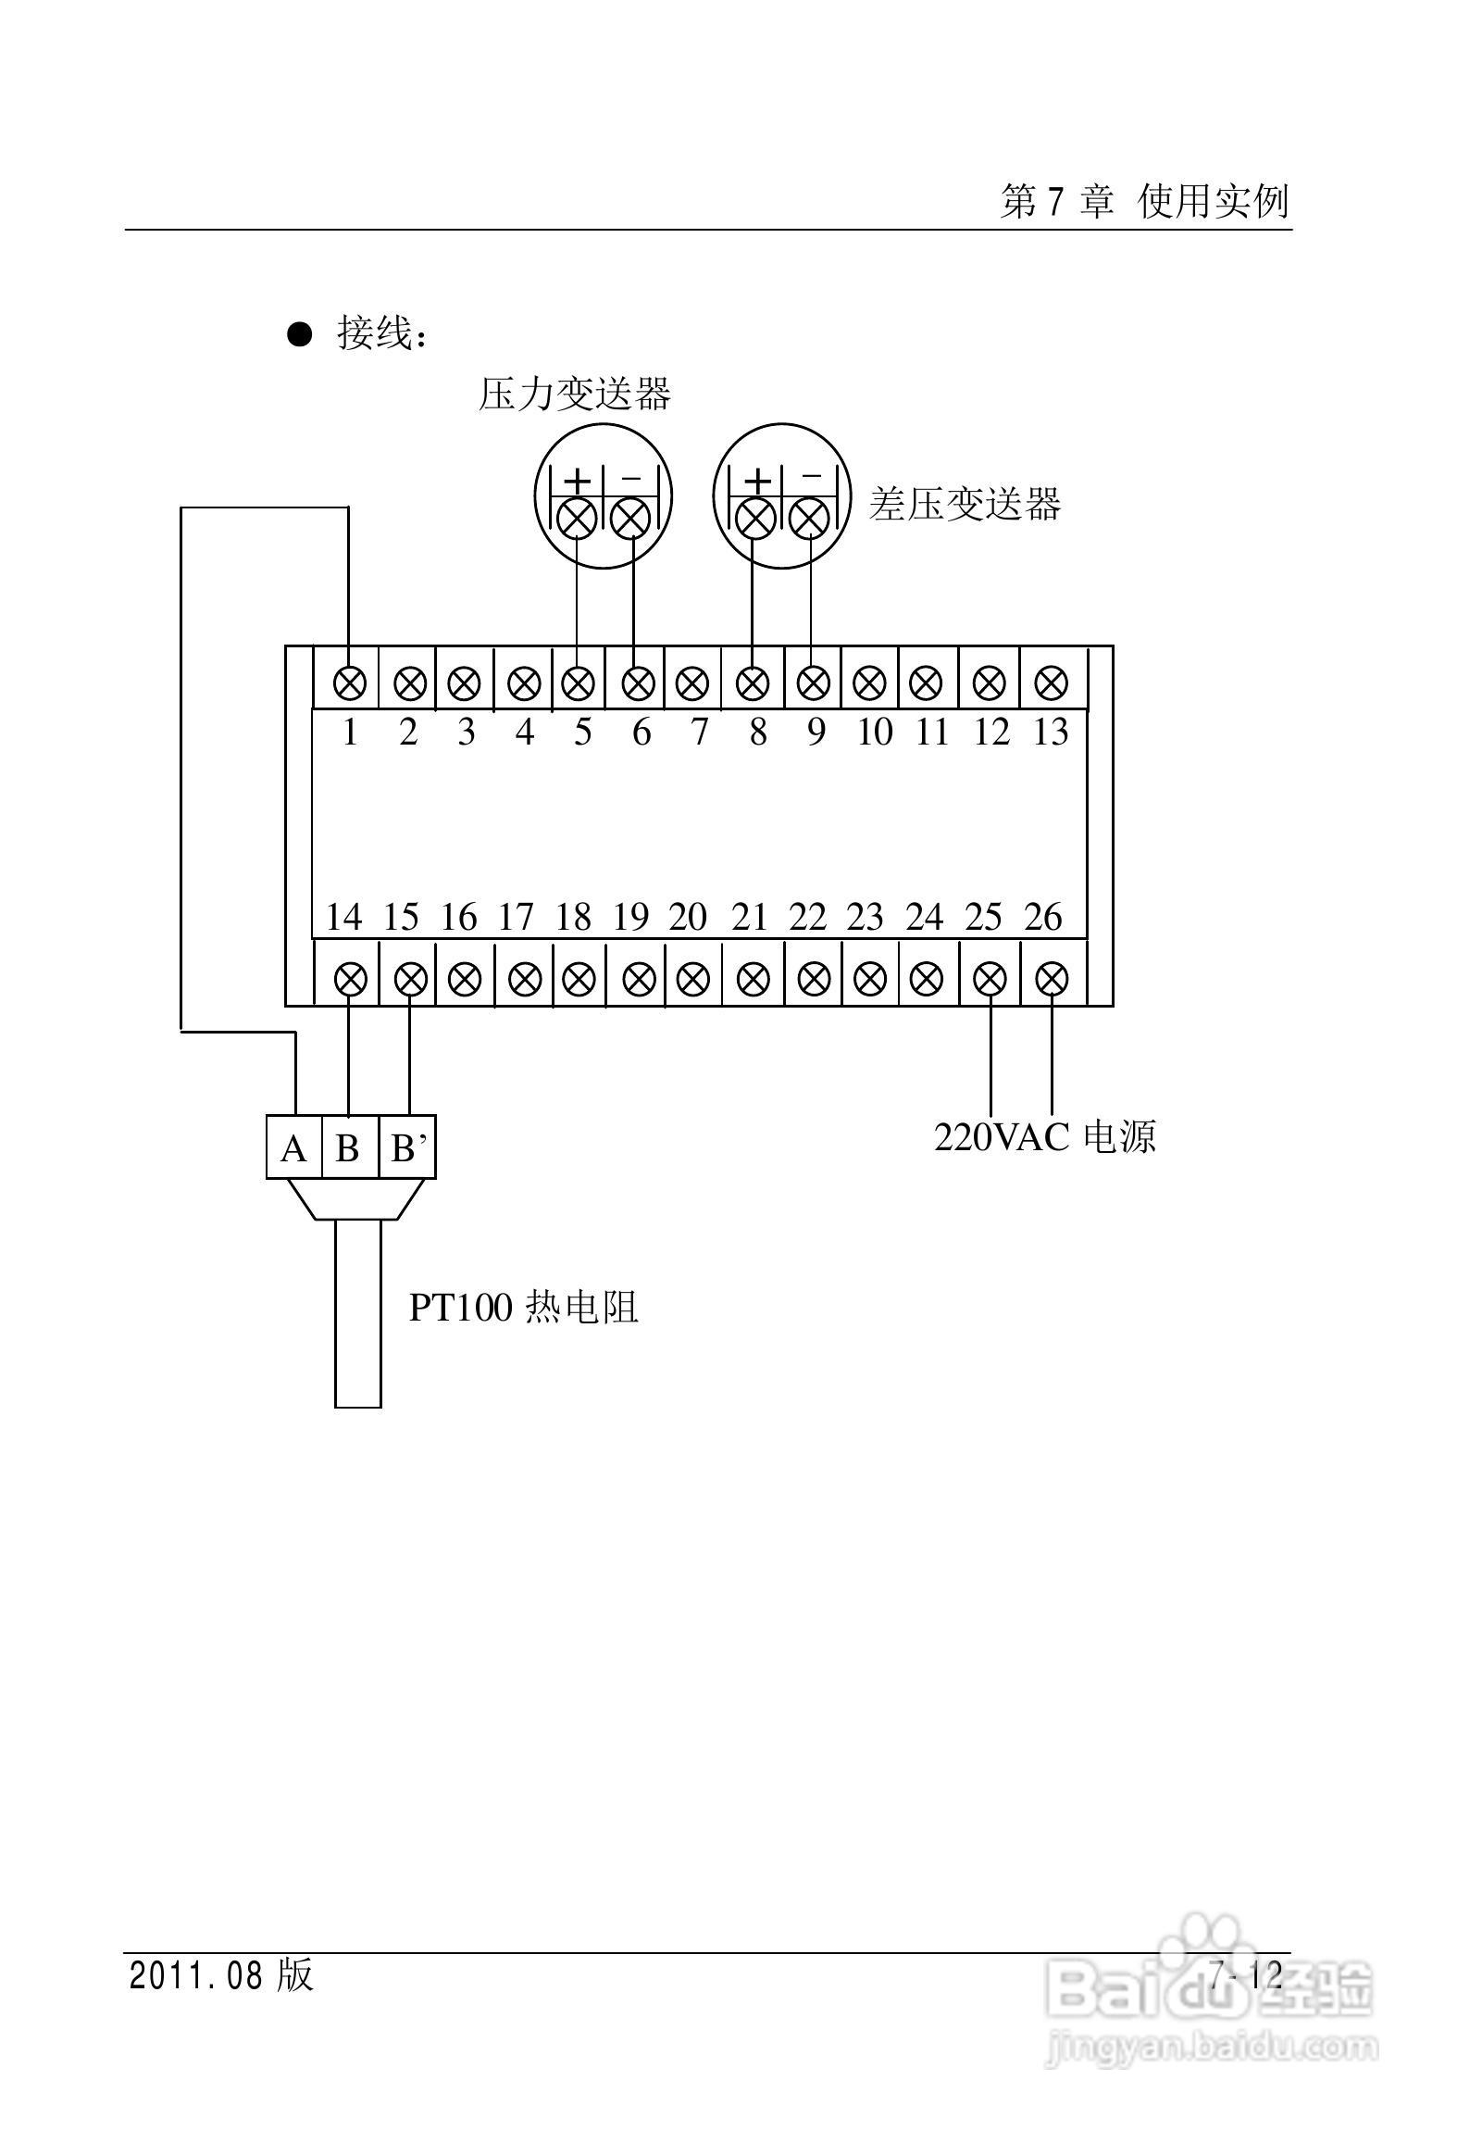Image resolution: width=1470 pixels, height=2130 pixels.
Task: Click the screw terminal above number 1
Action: pyautogui.click(x=350, y=684)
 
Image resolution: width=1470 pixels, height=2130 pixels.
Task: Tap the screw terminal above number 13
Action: pyautogui.click(x=1051, y=684)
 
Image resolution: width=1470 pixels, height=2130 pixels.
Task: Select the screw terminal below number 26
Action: pyautogui.click(x=1051, y=978)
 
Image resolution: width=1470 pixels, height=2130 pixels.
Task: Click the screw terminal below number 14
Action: pyautogui.click(x=350, y=978)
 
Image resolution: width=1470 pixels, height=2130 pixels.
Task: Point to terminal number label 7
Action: pyautogui.click(x=699, y=733)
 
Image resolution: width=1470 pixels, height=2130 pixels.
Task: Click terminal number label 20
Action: pyautogui.click(x=688, y=918)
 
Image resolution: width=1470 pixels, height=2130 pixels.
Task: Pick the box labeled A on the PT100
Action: pyautogui.click(x=293, y=1148)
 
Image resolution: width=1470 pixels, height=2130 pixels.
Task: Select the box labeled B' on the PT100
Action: pyautogui.click(x=408, y=1148)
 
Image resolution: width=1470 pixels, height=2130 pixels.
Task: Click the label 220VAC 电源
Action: pyautogui.click(x=1044, y=1137)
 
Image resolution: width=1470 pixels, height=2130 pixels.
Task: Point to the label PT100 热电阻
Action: pyautogui.click(x=524, y=1308)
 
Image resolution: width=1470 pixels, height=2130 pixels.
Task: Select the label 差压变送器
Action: pyautogui.click(x=965, y=505)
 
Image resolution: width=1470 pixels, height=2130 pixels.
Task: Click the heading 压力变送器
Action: pyautogui.click(x=574, y=394)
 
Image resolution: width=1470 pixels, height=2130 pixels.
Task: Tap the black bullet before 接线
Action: pyautogui.click(x=300, y=333)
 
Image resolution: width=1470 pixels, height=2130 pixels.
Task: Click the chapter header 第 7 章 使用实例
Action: pyautogui.click(x=1144, y=201)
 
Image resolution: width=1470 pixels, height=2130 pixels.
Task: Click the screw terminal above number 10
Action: pyautogui.click(x=869, y=684)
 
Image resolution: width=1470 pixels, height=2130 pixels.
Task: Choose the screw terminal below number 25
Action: pyautogui.click(x=990, y=978)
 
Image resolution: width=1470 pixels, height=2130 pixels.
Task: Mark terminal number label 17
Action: pyautogui.click(x=516, y=918)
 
